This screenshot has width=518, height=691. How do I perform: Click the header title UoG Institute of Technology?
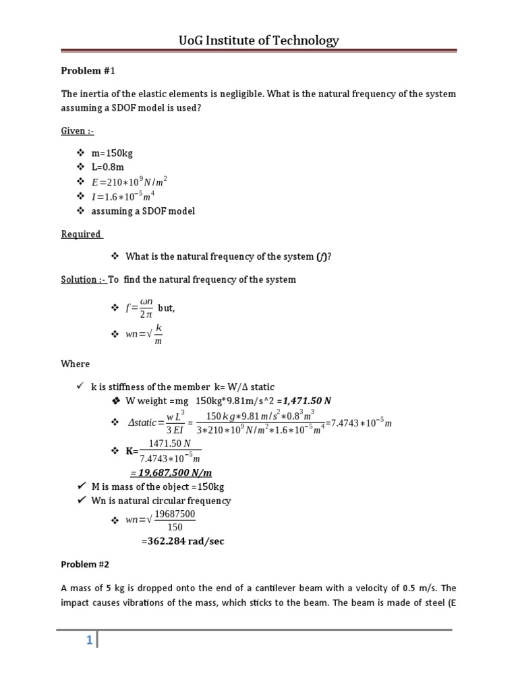[x=259, y=41]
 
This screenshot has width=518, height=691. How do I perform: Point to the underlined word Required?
[x=82, y=234]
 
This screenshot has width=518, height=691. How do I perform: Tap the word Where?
[x=75, y=364]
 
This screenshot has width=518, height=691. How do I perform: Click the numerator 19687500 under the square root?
[x=175, y=514]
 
